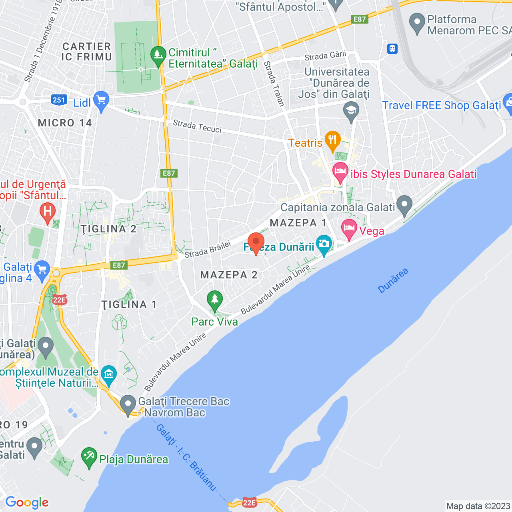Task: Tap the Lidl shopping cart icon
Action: point(101,101)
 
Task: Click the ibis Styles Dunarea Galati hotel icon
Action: point(340,173)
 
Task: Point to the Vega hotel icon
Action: point(349,229)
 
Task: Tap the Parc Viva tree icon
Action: point(215,300)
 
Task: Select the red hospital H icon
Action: point(48,212)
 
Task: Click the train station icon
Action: point(392,49)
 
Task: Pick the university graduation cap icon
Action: point(351,111)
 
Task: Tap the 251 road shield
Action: point(59,100)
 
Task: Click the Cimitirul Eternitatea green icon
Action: point(158,56)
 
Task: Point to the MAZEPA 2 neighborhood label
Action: point(229,275)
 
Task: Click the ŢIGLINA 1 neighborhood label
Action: point(129,304)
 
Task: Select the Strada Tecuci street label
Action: point(197,126)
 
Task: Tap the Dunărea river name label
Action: point(393,280)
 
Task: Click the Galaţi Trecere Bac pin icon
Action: point(128,405)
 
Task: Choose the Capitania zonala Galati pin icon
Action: point(404,205)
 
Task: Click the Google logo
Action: point(27,502)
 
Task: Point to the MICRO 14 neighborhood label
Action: point(65,123)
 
